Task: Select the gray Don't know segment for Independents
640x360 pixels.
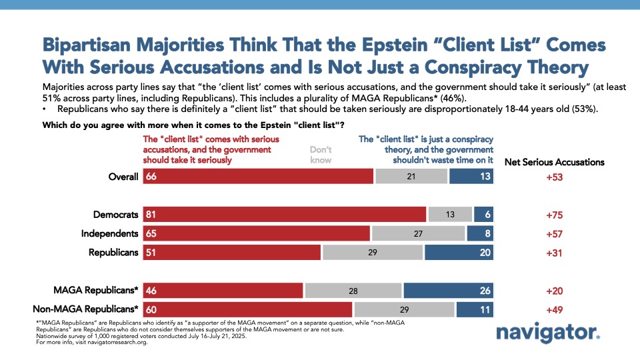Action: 418,233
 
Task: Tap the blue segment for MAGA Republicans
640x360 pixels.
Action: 448,291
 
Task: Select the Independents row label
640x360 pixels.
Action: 109,233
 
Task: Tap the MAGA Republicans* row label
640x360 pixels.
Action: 97,291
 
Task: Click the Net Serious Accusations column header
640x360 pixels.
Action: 554,162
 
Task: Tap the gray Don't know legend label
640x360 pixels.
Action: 321,155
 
